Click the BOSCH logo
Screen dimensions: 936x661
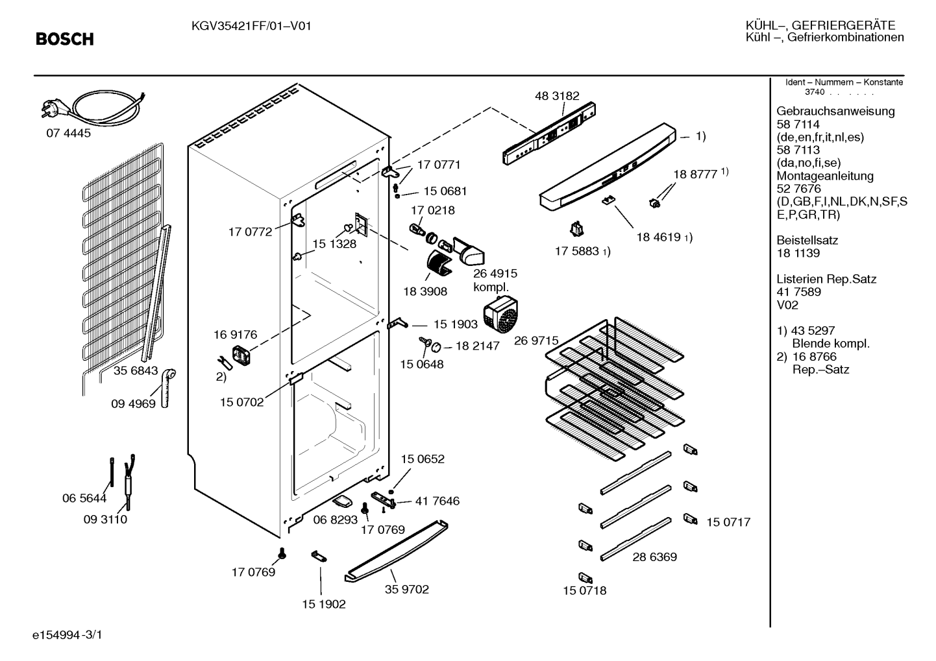(x=65, y=39)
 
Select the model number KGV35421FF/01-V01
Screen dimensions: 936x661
(x=251, y=27)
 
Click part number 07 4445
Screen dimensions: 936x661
(x=68, y=133)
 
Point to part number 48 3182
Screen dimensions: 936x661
(x=557, y=96)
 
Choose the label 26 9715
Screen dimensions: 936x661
(x=536, y=341)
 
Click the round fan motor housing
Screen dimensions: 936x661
(x=500, y=314)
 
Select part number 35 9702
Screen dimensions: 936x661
(x=406, y=589)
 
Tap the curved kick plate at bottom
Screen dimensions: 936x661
(x=396, y=551)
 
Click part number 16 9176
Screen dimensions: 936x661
(x=235, y=335)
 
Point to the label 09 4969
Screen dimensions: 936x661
(x=133, y=403)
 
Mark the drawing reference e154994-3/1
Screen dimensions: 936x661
(x=68, y=635)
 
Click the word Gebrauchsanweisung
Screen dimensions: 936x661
(x=836, y=112)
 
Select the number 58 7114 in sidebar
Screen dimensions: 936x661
(x=798, y=125)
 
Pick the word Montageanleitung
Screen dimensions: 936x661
(x=825, y=176)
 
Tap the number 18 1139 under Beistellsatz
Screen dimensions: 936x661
(x=798, y=253)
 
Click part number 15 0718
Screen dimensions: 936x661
(x=585, y=590)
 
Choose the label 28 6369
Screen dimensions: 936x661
(x=654, y=557)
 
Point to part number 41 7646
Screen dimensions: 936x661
(x=437, y=501)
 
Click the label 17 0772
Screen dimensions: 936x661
(x=250, y=232)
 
